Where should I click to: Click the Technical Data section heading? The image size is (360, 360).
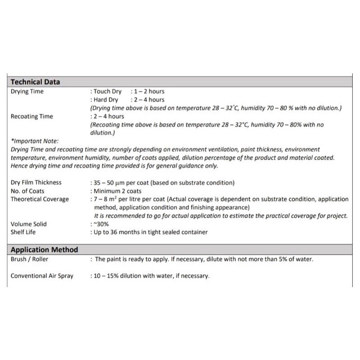(x=35, y=82)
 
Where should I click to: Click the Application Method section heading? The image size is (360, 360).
(x=44, y=250)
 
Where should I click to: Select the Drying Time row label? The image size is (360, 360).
(x=27, y=91)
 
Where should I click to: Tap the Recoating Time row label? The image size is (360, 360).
(x=31, y=117)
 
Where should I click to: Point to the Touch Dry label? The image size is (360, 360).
(x=108, y=91)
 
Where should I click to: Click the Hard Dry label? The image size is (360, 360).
(x=106, y=99)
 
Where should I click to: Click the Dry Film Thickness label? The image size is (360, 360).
(x=36, y=183)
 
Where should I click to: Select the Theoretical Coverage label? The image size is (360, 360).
(x=40, y=199)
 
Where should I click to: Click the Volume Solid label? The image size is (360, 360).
(x=28, y=224)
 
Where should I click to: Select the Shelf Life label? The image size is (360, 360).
(x=23, y=232)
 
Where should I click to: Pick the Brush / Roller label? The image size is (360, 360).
(x=30, y=259)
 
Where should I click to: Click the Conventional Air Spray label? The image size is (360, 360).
(x=42, y=276)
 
